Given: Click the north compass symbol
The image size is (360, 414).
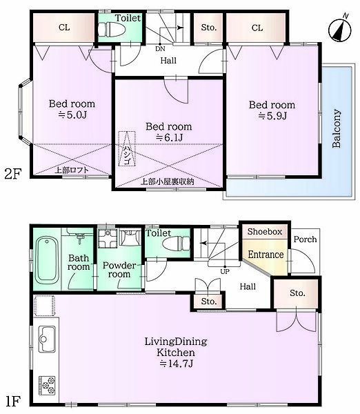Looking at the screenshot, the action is [340, 30].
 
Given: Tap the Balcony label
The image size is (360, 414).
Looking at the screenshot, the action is [337, 128].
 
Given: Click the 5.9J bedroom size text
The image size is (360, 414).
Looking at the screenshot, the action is [272, 116].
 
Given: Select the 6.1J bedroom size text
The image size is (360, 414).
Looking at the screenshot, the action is [169, 137].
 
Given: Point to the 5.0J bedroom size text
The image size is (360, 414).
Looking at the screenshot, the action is [72, 115].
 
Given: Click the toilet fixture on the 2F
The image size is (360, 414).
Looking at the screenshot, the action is [111, 29].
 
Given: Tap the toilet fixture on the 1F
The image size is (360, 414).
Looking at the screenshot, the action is [176, 244].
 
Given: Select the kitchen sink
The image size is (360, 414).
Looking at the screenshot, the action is [47, 339].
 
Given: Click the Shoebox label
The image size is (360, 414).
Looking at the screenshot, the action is [265, 232].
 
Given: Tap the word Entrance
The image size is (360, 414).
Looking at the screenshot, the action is [266, 255].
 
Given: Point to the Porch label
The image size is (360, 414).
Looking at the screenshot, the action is [305, 239].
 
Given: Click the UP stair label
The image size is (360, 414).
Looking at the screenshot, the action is [225, 271].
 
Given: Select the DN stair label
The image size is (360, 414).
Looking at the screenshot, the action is [160, 48].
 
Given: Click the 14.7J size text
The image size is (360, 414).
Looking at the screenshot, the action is [177, 364].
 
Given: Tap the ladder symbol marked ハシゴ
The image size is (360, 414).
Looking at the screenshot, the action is [127, 148].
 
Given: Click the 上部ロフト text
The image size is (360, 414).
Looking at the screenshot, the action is [72, 170].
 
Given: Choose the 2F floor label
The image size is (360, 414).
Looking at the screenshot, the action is [12, 174].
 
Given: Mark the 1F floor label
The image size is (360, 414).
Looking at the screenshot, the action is [12, 401].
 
